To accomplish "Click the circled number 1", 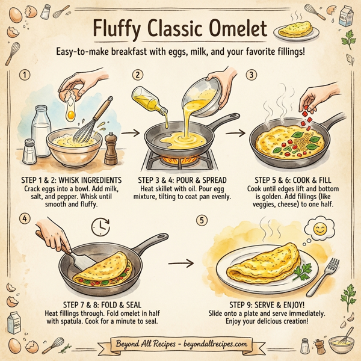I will point(25,75).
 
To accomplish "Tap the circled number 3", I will point(251,75).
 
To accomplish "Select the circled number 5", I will point(202,220).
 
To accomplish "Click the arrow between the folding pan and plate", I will point(182,263).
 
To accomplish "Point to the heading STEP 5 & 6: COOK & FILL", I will point(291,179).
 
